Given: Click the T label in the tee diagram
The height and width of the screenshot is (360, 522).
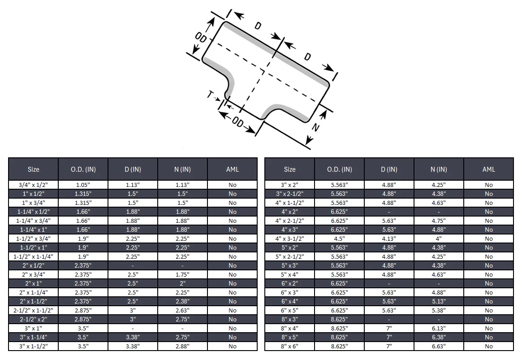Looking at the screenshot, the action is pyautogui.click(x=210, y=95).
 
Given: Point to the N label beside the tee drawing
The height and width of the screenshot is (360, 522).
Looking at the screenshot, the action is pyautogui.click(x=315, y=127).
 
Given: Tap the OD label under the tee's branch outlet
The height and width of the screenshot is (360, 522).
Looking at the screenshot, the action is pyautogui.click(x=237, y=122).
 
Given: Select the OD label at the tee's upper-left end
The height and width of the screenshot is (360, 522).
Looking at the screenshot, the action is pyautogui.click(x=201, y=37).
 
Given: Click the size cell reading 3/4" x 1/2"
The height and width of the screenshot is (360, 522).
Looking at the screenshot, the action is pyautogui.click(x=33, y=185).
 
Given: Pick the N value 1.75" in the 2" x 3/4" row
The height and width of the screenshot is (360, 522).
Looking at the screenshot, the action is pyautogui.click(x=182, y=274).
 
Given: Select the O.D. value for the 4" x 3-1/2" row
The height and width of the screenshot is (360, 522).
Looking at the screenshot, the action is pyautogui.click(x=339, y=239).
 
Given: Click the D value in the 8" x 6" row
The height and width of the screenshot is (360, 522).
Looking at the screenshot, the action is pyautogui.click(x=389, y=346).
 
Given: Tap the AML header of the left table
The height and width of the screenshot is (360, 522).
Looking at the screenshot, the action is pyautogui.click(x=233, y=169).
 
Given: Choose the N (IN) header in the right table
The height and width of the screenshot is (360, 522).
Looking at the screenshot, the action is pyautogui.click(x=439, y=169).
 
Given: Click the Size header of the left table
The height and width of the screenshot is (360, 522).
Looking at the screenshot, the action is pyautogui.click(x=33, y=169).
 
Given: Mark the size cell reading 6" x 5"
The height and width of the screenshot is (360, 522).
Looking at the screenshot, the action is pyautogui.click(x=289, y=310).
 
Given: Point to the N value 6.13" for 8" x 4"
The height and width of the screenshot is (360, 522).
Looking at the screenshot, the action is pyautogui.click(x=439, y=328).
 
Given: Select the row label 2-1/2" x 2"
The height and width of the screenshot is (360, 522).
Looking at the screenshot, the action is pyautogui.click(x=33, y=319).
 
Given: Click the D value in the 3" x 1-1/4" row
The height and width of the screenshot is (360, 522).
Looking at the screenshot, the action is pyautogui.click(x=133, y=337).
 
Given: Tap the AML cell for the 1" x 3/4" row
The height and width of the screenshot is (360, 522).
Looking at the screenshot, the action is pyautogui.click(x=233, y=203).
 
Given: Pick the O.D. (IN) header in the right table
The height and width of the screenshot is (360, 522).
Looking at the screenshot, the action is pyautogui.click(x=339, y=169).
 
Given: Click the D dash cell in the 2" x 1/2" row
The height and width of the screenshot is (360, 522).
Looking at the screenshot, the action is pyautogui.click(x=133, y=265).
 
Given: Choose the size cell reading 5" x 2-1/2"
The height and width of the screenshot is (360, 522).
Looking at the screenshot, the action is pyautogui.click(x=289, y=256).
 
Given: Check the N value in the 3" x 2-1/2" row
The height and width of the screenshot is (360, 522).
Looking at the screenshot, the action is pyautogui.click(x=439, y=194).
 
